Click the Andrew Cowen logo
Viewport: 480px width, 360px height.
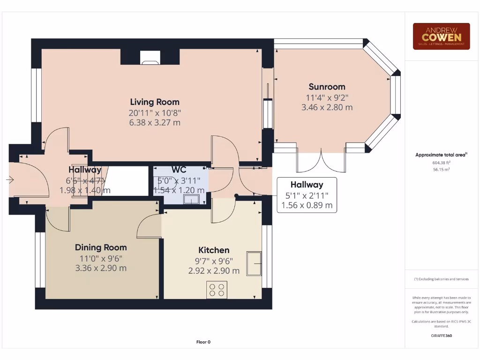(x=441, y=37)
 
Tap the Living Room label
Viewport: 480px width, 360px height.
(x=155, y=102)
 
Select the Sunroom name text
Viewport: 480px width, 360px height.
(x=327, y=87)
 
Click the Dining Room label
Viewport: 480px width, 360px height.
(x=101, y=247)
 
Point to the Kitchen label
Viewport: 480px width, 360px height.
(x=214, y=250)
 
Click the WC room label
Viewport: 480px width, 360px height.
(x=179, y=170)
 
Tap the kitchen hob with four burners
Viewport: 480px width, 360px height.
(x=217, y=290)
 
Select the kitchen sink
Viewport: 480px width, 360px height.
(x=254, y=263)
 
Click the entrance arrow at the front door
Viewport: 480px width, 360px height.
(x=10, y=179)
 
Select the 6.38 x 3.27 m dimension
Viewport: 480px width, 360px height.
(x=155, y=123)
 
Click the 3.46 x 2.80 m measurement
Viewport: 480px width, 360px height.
(x=327, y=107)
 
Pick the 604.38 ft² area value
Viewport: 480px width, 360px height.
(x=441, y=163)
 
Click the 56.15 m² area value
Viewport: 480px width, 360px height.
(x=441, y=170)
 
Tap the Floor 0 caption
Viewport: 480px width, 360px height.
(x=203, y=342)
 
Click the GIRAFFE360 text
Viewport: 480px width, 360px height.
(x=441, y=336)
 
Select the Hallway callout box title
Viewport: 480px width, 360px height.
(x=307, y=185)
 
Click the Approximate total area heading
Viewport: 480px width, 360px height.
(x=441, y=155)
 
